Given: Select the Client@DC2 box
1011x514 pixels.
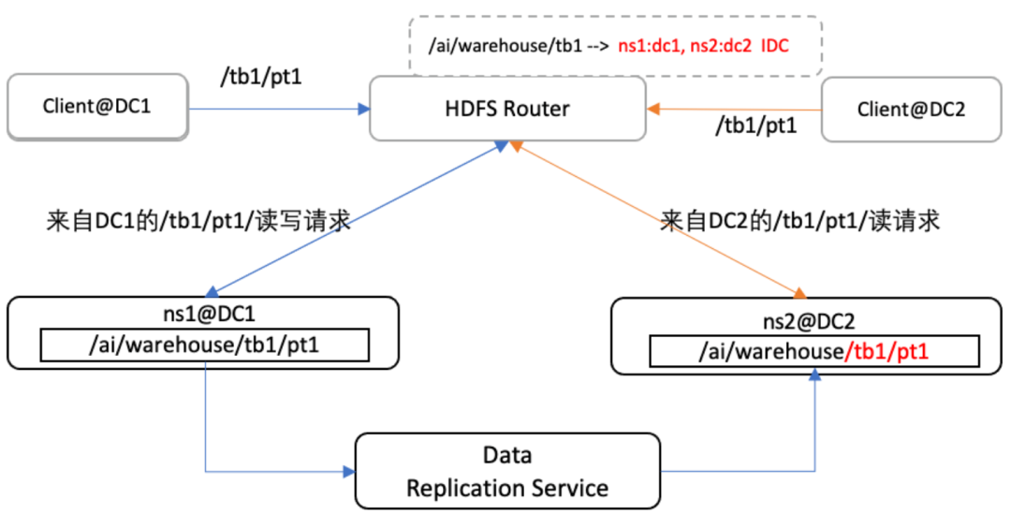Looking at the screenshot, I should (910, 110).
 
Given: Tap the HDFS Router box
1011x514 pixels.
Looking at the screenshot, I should (507, 109).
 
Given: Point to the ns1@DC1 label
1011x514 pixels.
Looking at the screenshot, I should (203, 314).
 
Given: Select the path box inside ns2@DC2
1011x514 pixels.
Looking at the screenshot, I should (813, 351).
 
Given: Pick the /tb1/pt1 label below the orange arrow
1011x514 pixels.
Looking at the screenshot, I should (755, 125).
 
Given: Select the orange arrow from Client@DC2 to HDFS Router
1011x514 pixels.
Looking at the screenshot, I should (734, 109).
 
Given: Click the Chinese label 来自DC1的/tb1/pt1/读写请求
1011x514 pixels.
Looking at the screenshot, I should (198, 222).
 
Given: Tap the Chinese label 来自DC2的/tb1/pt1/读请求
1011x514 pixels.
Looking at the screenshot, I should (799, 222).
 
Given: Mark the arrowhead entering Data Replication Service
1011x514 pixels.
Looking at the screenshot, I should (348, 471).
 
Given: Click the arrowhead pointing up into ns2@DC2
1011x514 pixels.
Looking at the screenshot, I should (815, 374).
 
